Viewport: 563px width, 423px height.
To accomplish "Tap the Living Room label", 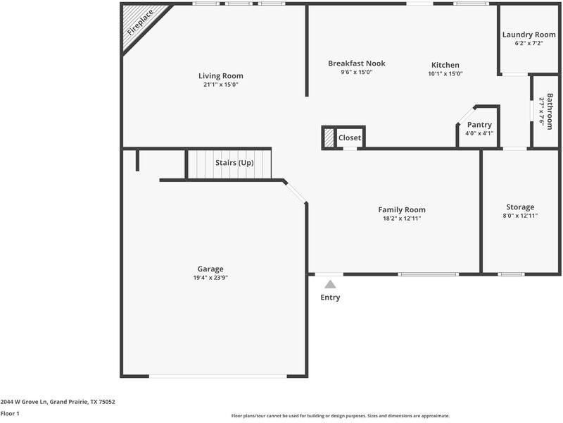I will pos(220,75).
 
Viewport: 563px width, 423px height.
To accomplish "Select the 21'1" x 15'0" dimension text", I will pos(220,85).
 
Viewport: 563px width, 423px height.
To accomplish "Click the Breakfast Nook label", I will pos(357,63).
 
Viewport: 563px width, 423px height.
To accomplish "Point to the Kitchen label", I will pos(445,64).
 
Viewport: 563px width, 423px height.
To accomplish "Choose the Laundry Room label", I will pos(529,35).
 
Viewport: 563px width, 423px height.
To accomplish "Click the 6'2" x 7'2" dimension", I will pos(529,44).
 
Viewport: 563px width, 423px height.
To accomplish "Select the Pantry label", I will pos(479,125).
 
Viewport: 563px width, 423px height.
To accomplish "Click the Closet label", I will pos(350,138).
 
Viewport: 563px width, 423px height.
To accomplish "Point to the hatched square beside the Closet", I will pos(329,138).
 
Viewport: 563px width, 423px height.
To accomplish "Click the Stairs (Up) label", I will pos(234,163).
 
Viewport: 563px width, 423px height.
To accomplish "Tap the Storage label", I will pos(520,207).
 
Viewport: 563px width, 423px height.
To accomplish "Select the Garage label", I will pos(210,269).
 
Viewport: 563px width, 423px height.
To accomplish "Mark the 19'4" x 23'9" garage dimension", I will pos(210,278).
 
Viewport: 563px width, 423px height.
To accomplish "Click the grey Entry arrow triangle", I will pos(330,284).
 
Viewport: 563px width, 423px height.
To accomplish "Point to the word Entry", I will pos(330,298).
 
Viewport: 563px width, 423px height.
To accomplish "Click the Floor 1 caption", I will pos(10,414).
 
